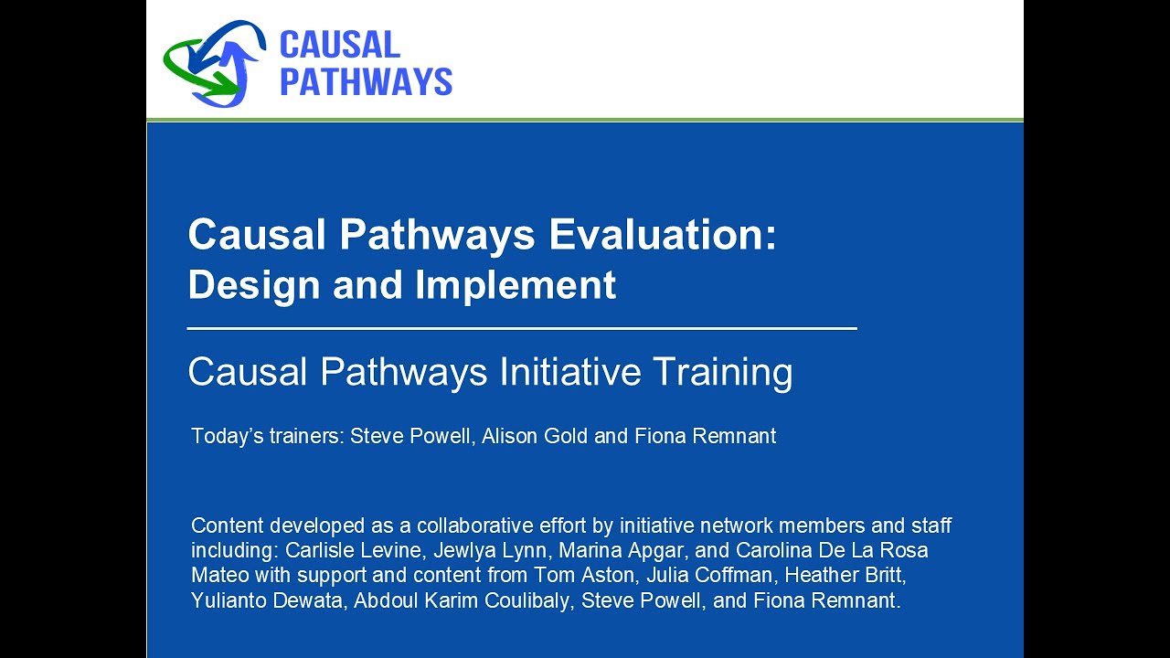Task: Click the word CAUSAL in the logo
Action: pyautogui.click(x=339, y=45)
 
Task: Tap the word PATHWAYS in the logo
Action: pyautogui.click(x=366, y=81)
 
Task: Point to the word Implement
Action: pyautogui.click(x=516, y=285)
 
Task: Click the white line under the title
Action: pyautogui.click(x=521, y=327)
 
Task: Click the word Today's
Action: pyautogui.click(x=219, y=437)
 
